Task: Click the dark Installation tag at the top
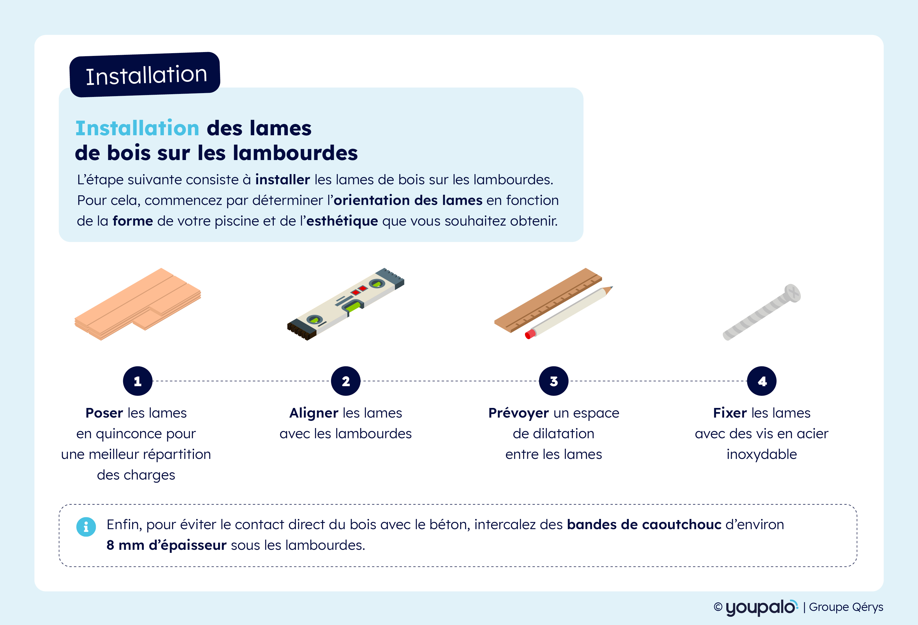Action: pyautogui.click(x=145, y=74)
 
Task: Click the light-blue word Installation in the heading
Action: pyautogui.click(x=137, y=128)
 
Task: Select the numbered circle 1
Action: pyautogui.click(x=137, y=381)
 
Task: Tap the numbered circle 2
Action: pyautogui.click(x=346, y=381)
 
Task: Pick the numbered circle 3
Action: pyautogui.click(x=554, y=381)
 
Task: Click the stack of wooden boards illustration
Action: pyautogui.click(x=138, y=304)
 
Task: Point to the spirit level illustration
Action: pyautogui.click(x=346, y=304)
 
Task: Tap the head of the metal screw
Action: pyautogui.click(x=792, y=293)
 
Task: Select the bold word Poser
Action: pyautogui.click(x=104, y=413)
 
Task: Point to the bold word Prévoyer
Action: pyautogui.click(x=519, y=413)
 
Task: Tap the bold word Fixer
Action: pyautogui.click(x=730, y=413)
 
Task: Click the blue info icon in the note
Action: pyautogui.click(x=86, y=527)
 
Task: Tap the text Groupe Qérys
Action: pyautogui.click(x=846, y=607)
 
